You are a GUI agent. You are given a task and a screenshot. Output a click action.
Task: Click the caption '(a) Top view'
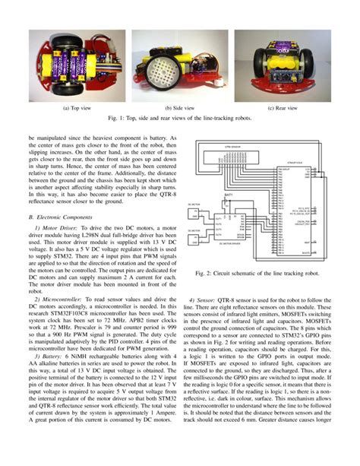tap(77, 107)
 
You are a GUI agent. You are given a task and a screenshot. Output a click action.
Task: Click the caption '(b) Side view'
tap(180, 107)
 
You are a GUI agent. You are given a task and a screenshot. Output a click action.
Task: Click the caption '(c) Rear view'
tap(282, 107)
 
